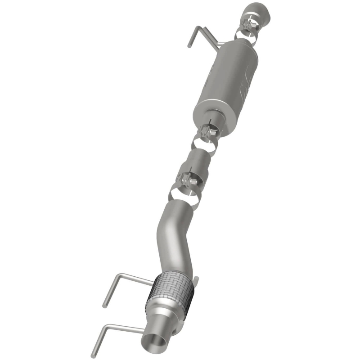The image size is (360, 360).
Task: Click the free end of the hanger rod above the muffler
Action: [x=189, y=45]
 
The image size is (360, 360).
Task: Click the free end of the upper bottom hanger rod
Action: [x=104, y=306]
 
